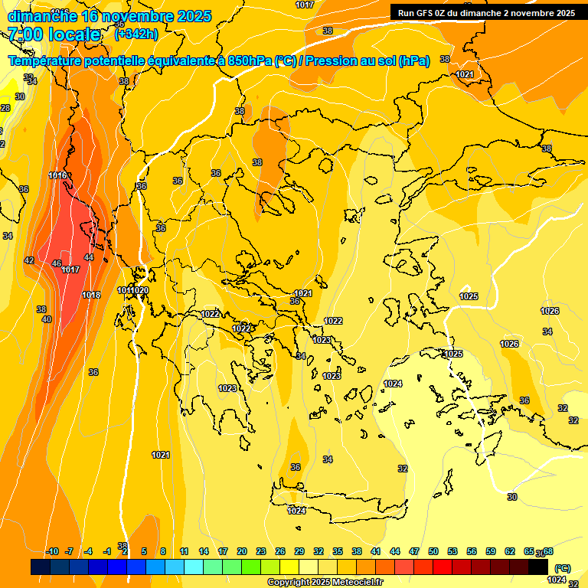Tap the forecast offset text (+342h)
pos(136,34)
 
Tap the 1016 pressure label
pos(57,175)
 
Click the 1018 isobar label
pos(91,295)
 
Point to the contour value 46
pos(57,263)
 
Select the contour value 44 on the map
pos(89,258)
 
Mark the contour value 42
pos(29,261)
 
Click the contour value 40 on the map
pos(46,319)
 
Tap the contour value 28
pos(5,108)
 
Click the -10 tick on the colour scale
pos(52,551)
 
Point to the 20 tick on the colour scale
pos(242,551)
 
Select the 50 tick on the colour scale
pos(433,551)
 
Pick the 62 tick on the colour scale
pos(510,551)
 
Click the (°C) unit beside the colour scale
pos(562,568)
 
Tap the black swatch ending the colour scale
pos(538,567)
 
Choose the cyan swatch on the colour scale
pos(194,567)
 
